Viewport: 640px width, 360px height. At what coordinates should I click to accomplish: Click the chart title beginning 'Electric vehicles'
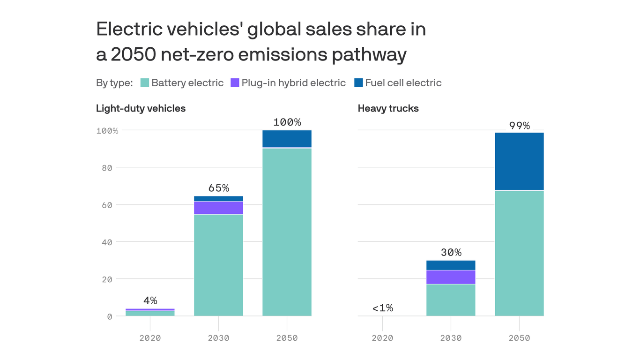tap(260, 42)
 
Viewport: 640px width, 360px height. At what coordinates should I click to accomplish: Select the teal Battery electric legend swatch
tap(145, 83)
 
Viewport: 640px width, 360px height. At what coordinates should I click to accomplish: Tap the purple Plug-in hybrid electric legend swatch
tap(235, 83)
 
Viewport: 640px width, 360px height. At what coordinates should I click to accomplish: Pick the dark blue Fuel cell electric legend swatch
tap(358, 83)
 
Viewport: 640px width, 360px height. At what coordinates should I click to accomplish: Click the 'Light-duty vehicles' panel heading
tap(141, 108)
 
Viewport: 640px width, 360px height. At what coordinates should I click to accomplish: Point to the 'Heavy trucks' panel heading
tap(388, 108)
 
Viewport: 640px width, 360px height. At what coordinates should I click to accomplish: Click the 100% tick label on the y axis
tap(107, 130)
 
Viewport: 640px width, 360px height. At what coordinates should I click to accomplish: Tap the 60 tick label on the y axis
tap(107, 205)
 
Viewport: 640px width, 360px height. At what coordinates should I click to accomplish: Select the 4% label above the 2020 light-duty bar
tap(150, 300)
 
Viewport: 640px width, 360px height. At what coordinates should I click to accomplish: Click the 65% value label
tap(218, 188)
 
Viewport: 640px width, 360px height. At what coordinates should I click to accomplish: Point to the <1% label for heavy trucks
tap(382, 308)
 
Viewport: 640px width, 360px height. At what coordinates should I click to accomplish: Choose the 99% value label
tap(519, 126)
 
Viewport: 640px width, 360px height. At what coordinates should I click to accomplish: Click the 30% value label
tap(451, 252)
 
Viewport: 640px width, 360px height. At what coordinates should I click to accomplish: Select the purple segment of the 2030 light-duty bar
tap(218, 208)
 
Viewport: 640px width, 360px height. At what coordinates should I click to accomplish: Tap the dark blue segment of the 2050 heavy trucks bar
tap(519, 161)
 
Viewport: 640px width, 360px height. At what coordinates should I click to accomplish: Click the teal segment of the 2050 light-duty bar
tap(287, 232)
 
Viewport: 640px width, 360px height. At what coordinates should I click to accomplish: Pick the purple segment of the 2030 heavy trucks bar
tap(451, 277)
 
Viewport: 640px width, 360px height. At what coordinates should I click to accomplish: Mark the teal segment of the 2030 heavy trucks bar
tap(451, 300)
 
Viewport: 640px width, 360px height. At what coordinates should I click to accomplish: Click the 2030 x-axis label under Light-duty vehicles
tap(218, 338)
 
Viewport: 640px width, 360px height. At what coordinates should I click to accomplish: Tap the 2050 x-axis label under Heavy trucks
tap(519, 338)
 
